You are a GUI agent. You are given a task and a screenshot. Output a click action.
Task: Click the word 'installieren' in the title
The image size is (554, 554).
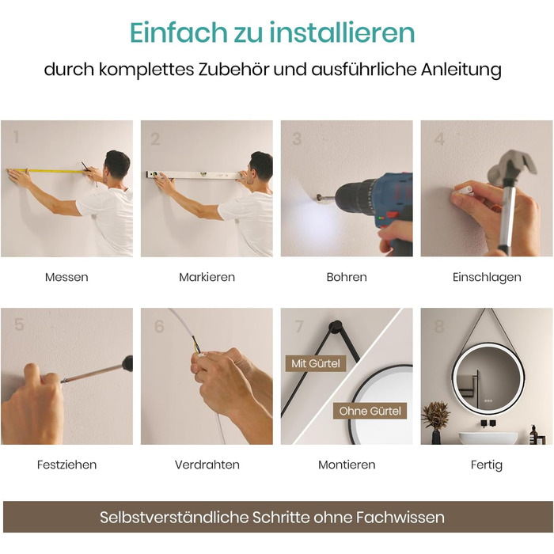[342, 32]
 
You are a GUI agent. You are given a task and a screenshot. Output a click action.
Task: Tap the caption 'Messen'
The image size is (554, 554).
[66, 277]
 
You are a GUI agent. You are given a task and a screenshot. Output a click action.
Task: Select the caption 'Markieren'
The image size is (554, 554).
[207, 277]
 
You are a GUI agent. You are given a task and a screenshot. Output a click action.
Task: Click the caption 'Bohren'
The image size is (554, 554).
[347, 277]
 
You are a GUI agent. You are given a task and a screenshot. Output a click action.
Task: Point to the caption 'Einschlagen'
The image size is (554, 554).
[487, 277]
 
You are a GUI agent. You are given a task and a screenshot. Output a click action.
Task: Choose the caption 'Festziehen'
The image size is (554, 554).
[66, 465]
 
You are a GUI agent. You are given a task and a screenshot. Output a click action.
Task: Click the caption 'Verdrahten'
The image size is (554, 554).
[207, 465]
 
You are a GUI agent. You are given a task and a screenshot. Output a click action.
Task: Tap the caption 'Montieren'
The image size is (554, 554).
[347, 465]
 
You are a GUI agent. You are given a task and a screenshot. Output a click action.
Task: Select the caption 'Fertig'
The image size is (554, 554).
[487, 465]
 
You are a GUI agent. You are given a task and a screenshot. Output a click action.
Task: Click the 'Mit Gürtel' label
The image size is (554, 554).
[316, 363]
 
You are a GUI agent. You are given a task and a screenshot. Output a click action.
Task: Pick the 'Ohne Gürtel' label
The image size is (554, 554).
[370, 411]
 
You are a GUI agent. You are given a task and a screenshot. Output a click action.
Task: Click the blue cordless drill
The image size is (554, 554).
[376, 208]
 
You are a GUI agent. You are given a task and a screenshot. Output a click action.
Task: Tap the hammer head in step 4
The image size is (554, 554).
[511, 166]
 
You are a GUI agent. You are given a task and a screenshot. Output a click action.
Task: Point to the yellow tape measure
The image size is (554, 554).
[46, 172]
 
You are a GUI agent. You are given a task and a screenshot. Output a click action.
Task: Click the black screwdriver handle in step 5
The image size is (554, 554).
[127, 362]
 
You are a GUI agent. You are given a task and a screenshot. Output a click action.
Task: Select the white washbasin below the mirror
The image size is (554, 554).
[488, 438]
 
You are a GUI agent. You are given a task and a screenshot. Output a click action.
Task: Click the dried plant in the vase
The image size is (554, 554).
[436, 415]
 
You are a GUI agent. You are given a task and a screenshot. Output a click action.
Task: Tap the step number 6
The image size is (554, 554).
[159, 326]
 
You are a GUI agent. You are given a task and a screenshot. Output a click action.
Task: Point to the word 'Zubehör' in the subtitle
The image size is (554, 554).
[233, 70]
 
